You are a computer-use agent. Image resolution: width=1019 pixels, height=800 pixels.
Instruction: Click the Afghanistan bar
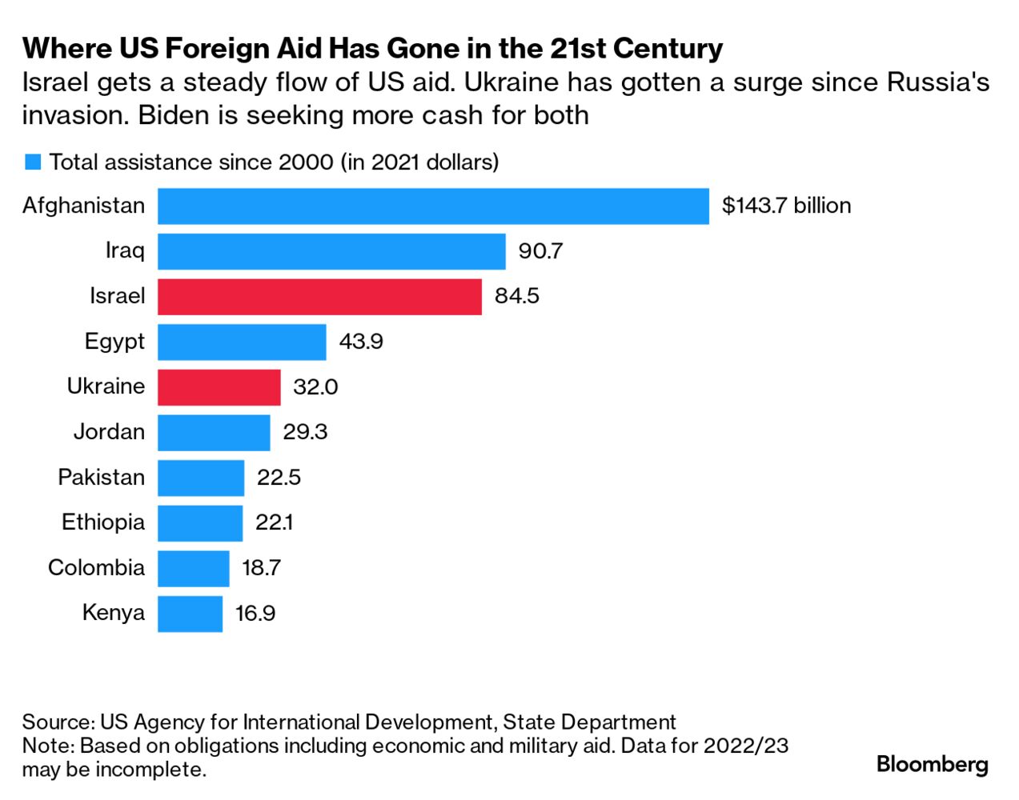point(432,206)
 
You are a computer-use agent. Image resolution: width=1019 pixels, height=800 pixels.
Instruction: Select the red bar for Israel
point(319,296)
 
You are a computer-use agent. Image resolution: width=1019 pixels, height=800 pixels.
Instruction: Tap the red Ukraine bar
point(219,387)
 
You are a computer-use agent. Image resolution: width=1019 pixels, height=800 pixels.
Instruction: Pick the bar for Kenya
point(190,614)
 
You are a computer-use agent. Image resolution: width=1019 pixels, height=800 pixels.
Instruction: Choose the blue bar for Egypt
point(242,342)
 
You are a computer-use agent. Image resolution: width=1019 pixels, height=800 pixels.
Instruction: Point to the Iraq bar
point(331,251)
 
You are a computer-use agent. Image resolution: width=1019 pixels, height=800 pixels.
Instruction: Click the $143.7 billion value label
point(786,206)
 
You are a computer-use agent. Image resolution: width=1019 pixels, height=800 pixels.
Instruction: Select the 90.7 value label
point(540,251)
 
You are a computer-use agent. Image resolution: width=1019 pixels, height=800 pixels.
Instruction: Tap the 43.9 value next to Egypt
point(361,342)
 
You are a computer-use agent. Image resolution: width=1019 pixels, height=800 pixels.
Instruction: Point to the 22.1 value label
point(274,522)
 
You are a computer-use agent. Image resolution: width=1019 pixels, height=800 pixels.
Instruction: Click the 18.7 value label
point(261,568)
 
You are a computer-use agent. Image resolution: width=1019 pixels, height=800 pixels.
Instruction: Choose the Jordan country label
point(109,432)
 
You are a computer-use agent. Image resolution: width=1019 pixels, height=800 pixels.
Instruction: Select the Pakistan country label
point(101,478)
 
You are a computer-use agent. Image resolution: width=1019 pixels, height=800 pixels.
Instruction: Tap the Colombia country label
point(96,568)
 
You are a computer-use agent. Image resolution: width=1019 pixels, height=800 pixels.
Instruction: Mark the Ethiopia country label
point(103,522)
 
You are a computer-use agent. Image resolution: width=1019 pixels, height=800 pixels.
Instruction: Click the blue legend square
point(33,162)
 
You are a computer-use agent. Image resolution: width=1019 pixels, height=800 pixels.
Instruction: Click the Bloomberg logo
point(933,763)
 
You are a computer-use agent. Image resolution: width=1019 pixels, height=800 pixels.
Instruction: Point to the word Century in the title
point(668,49)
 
